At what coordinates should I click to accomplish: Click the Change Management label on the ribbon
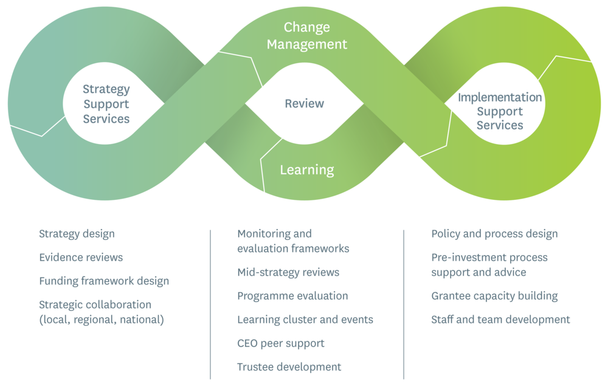tap(307, 36)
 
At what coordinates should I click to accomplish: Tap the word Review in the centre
tap(305, 103)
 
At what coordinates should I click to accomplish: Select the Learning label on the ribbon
tap(307, 169)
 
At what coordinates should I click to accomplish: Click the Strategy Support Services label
tap(106, 104)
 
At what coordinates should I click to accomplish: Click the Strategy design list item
tap(77, 234)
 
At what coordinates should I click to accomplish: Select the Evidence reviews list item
tap(81, 257)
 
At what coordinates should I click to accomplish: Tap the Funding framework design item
tap(104, 281)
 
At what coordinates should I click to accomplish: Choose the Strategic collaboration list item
tap(101, 311)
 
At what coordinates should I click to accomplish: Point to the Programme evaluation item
tap(292, 296)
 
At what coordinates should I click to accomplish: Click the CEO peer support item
tap(281, 343)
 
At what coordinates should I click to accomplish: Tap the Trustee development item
tap(289, 366)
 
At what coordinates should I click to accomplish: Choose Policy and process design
tap(494, 234)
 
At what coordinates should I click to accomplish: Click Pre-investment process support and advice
tap(489, 265)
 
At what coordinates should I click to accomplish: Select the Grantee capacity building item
tap(494, 296)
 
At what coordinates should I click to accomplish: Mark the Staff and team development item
tap(500, 319)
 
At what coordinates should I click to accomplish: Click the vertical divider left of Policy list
tap(404, 304)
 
